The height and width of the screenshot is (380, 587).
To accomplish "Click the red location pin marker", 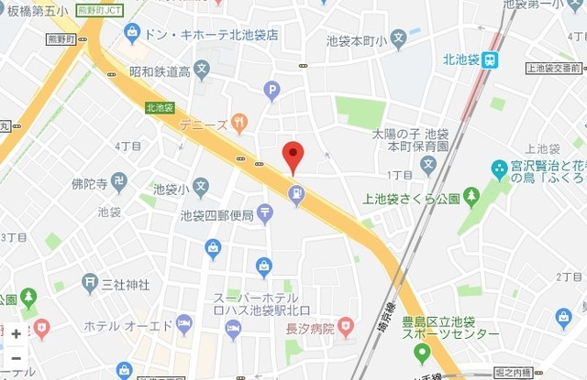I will [x=292, y=156].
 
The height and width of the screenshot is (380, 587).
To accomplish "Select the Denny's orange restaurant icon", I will [x=239, y=121].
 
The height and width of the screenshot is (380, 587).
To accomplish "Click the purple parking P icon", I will [x=271, y=91].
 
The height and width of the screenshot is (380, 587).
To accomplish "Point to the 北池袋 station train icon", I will [x=492, y=60].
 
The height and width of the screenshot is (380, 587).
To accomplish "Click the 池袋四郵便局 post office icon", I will [x=265, y=214].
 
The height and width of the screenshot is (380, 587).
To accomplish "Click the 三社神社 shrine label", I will [x=126, y=284].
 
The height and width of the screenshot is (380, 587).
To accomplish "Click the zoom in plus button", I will [x=16, y=334].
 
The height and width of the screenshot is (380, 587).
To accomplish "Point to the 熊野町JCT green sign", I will [x=100, y=10].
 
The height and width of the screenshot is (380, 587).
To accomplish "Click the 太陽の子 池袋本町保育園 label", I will [x=410, y=139].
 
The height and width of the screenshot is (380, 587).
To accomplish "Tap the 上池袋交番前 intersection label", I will [x=555, y=68].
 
